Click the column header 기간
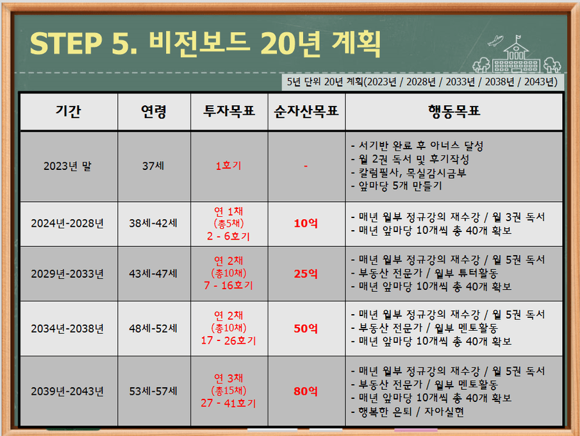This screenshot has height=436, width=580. click(69, 111)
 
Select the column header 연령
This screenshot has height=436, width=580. click(154, 111)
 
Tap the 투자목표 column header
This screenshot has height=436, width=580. click(229, 111)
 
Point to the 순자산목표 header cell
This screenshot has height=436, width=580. click(306, 111)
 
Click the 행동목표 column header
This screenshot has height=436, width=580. click(454, 111)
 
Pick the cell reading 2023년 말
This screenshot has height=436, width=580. click(67, 166)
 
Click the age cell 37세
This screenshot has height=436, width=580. click(153, 166)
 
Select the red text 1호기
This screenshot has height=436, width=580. click(229, 166)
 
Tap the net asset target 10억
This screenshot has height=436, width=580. click(306, 223)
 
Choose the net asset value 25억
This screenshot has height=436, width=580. click(306, 274)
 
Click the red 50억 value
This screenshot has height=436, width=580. click(306, 328)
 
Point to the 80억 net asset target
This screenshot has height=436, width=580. click(306, 391)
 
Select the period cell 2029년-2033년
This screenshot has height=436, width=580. click(67, 274)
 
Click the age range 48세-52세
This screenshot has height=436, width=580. click(153, 328)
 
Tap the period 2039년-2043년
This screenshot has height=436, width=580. click(67, 391)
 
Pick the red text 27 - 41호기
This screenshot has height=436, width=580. click(229, 403)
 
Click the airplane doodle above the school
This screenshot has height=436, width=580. click(495, 40)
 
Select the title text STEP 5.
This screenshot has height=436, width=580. click(83, 44)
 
